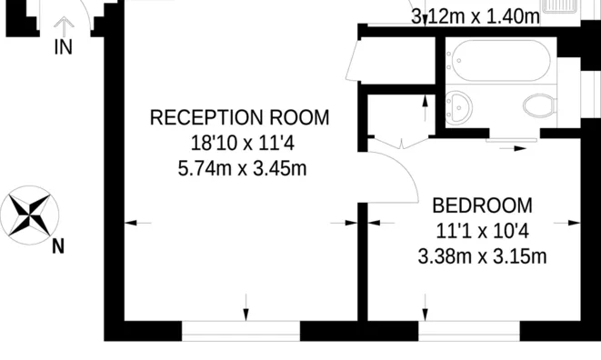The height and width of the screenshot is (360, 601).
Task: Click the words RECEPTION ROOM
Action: pos(239,118)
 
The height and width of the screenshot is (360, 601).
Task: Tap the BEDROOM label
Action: pos(482,205)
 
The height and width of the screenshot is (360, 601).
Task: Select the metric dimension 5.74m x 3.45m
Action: pos(239,168)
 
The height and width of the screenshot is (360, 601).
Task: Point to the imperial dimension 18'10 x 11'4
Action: pos(239,144)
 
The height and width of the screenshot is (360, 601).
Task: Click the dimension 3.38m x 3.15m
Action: pos(482,256)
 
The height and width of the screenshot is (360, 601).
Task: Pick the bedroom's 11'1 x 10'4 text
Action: pos(482,231)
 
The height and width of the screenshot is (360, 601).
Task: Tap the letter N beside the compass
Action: pos(57,246)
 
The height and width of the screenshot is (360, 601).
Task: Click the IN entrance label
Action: pos(63,47)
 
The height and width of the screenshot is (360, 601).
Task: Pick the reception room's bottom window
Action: pos(241,330)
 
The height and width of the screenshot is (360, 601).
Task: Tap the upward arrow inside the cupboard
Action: pos(424,111)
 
